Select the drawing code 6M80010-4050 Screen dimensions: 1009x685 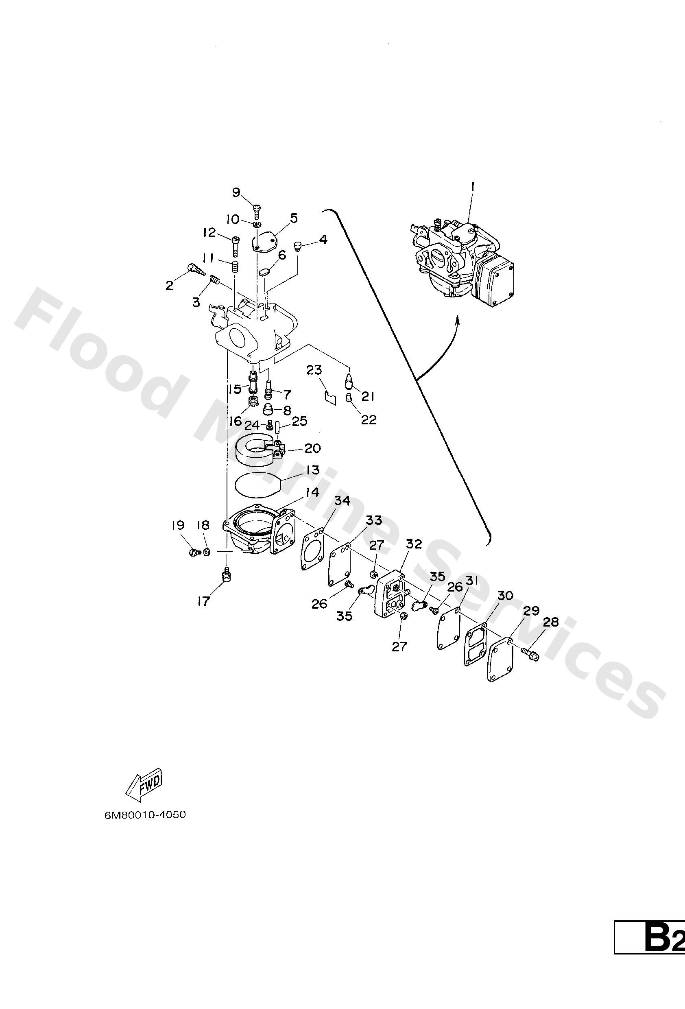[x=145, y=815]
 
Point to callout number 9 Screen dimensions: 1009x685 [x=236, y=192]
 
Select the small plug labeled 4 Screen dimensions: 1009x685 [x=298, y=247]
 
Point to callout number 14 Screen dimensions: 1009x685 [x=312, y=492]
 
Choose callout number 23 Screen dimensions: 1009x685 [x=314, y=370]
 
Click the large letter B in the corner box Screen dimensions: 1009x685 [x=658, y=984]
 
